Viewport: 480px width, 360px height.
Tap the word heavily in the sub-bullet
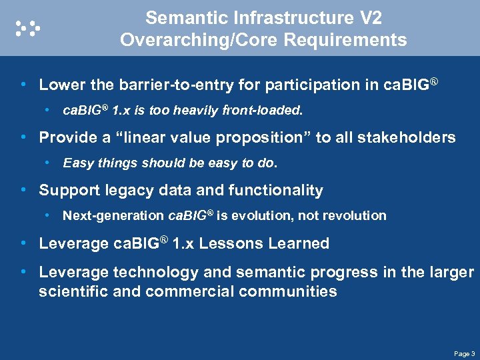coord(197,110)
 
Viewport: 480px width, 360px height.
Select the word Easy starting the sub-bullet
coord(77,163)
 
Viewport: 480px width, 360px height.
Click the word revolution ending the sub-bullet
coord(357,215)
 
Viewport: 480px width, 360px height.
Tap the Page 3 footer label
coord(463,353)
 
